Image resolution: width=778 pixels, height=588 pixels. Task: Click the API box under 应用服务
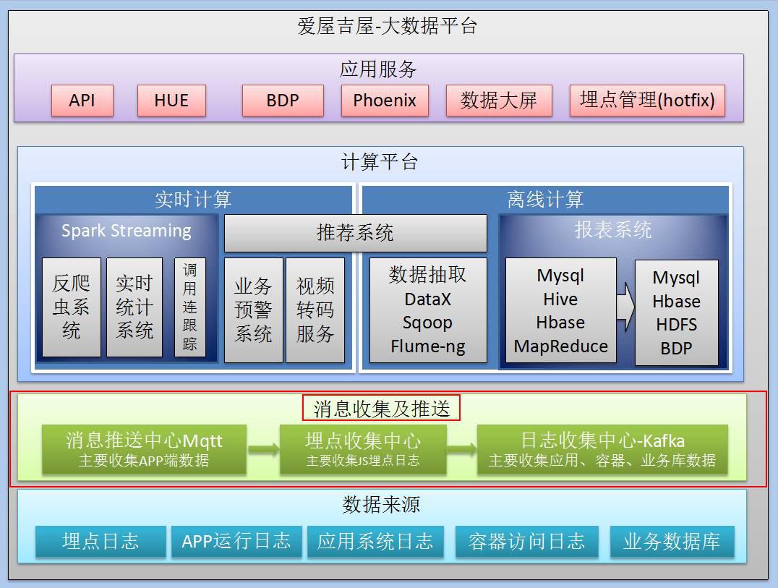82,101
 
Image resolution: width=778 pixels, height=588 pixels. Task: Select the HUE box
171,101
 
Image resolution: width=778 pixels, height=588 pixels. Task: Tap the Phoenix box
384,101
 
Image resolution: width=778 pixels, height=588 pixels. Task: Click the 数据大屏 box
498,101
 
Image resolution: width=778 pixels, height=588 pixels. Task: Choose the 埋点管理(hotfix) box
647,101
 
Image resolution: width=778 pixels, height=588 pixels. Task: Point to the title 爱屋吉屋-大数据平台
388,27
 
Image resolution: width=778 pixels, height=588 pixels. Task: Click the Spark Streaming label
127,231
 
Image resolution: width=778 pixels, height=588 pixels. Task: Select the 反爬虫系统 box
71,307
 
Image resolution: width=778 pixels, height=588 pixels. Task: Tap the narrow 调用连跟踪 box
189,307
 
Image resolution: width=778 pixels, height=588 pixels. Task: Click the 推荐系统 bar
355,233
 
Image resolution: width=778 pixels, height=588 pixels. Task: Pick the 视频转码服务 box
315,310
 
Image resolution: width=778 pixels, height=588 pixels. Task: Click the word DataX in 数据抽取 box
428,299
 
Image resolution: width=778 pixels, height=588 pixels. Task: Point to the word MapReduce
560,346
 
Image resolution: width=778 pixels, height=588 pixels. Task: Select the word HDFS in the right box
676,325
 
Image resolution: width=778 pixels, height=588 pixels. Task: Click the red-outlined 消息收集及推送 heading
381,409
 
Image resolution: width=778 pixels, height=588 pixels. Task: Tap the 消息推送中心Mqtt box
144,449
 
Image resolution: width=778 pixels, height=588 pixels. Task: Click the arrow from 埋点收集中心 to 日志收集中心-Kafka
461,449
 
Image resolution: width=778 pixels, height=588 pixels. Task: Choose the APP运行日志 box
236,541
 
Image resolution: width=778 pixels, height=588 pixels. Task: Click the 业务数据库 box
671,541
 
